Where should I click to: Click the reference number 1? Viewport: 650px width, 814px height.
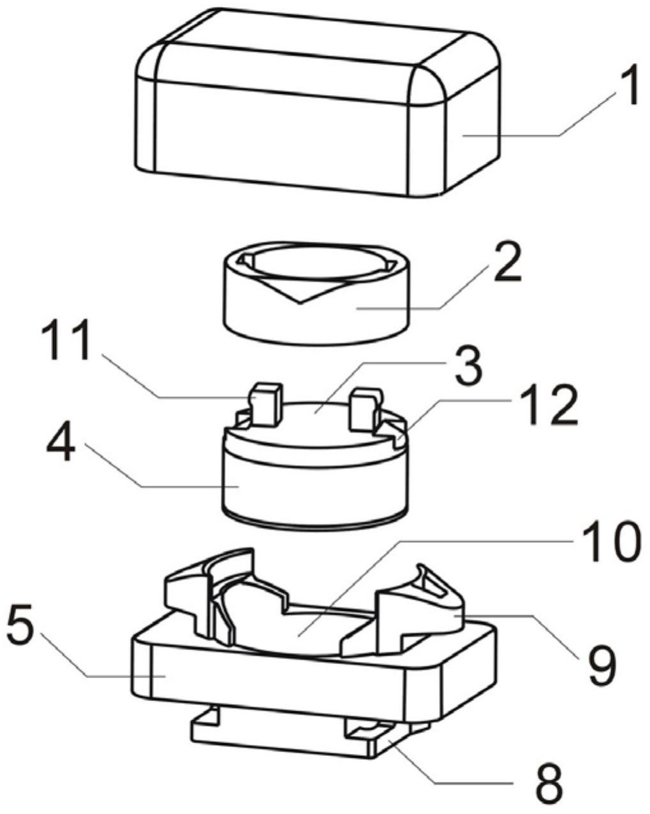[626, 85]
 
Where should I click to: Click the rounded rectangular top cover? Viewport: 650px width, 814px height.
[317, 102]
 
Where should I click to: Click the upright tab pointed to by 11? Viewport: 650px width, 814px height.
[267, 404]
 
